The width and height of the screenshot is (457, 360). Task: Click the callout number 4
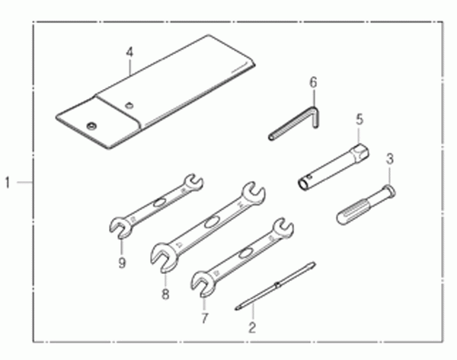pos(129,53)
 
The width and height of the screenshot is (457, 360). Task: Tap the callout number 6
pos(313,82)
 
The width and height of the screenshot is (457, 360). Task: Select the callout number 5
pos(360,119)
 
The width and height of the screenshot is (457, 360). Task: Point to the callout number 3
pos(390,159)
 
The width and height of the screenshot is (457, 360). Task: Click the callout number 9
pos(122,263)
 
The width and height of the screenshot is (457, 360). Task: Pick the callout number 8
pos(165,294)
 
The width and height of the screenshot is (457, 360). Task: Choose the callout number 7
pos(205,318)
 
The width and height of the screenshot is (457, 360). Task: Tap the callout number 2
pos(252,328)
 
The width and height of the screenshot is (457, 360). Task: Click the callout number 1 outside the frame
pos(8,183)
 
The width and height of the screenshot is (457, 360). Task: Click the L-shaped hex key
pos(293,123)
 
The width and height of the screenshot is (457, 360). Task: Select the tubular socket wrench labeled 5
pos(334,167)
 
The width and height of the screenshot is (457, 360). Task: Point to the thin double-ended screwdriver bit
pos(275,285)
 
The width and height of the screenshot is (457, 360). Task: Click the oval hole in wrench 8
pos(210,223)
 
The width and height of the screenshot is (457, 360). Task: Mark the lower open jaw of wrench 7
pos(200,283)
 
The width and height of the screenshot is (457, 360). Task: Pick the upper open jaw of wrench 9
pos(193,183)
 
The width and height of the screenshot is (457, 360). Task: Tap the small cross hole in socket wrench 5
pos(311,177)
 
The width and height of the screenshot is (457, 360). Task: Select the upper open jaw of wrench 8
pos(254,193)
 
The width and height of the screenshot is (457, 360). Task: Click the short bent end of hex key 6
pos(315,117)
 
